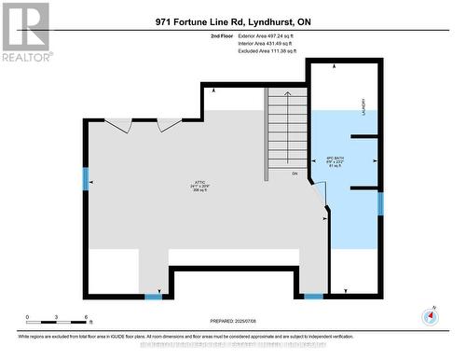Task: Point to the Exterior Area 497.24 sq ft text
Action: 272,35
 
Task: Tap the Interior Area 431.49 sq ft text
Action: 271,44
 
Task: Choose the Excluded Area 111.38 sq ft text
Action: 273,52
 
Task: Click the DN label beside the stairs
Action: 294,173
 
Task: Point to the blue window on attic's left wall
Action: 86,177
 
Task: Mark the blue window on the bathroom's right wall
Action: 379,202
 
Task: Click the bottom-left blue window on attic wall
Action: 154,297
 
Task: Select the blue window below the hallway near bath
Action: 314,297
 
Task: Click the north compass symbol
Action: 430,315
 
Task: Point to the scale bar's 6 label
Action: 87,318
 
